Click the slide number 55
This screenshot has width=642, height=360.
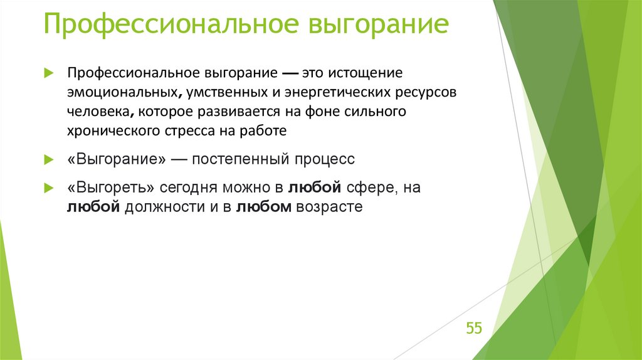pos(473,328)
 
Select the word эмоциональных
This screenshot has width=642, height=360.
pos(122,92)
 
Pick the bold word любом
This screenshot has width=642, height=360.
pos(263,207)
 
